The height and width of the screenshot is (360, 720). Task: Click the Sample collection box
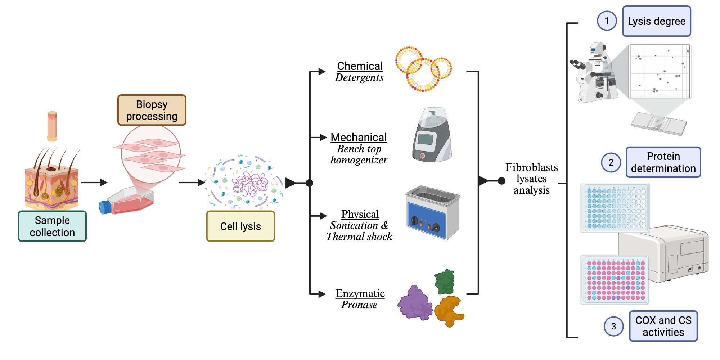tap(52, 226)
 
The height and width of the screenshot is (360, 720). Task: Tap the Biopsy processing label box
tap(152, 110)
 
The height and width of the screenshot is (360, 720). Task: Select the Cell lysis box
tap(240, 226)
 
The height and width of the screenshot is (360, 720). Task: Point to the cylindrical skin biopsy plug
tap(52, 126)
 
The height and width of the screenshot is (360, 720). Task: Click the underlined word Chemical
tap(360, 66)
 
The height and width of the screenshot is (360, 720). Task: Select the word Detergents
tap(359, 78)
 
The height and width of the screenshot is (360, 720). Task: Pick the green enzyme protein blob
tap(445, 282)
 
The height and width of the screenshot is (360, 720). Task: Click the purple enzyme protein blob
tap(415, 303)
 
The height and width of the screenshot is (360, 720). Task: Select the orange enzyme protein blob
tap(449, 310)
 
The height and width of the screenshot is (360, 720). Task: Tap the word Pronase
tap(359, 305)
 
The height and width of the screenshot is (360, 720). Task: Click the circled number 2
tap(611, 162)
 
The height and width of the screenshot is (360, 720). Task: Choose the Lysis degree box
tap(656, 21)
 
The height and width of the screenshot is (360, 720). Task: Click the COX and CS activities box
tap(663, 326)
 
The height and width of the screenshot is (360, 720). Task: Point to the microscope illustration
tap(594, 74)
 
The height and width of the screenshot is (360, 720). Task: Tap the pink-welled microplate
tap(615, 280)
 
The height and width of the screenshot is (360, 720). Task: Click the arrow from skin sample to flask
tap(94, 183)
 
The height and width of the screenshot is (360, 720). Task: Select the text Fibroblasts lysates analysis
tap(531, 179)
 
